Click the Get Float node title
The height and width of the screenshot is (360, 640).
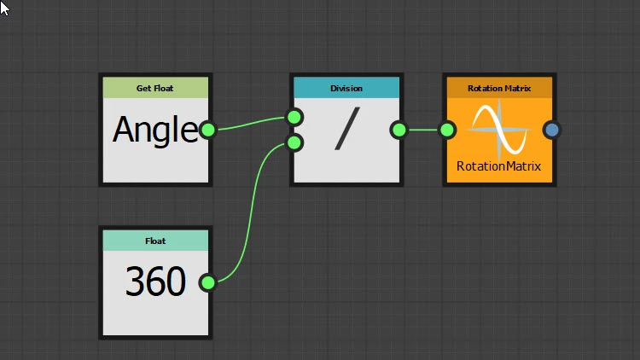155,88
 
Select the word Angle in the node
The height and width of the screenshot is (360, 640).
154,131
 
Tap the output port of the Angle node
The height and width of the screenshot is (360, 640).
207,131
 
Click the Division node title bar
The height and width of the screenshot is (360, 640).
346,88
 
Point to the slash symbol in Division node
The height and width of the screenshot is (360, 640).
346,131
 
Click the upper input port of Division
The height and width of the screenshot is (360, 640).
294,117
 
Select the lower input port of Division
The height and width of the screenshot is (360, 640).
294,142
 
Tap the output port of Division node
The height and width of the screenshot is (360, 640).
399,131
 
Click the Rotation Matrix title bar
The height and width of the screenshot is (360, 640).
499,88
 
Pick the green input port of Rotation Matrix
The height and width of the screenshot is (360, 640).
446,131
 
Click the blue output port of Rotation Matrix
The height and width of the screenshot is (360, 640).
552,131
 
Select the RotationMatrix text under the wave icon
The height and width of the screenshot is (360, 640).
499,165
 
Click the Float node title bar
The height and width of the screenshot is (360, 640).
155,241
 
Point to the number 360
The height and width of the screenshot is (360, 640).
155,282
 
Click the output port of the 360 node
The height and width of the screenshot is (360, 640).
207,282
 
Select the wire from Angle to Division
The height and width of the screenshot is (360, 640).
252,123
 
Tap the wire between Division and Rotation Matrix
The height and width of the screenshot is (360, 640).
422,131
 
